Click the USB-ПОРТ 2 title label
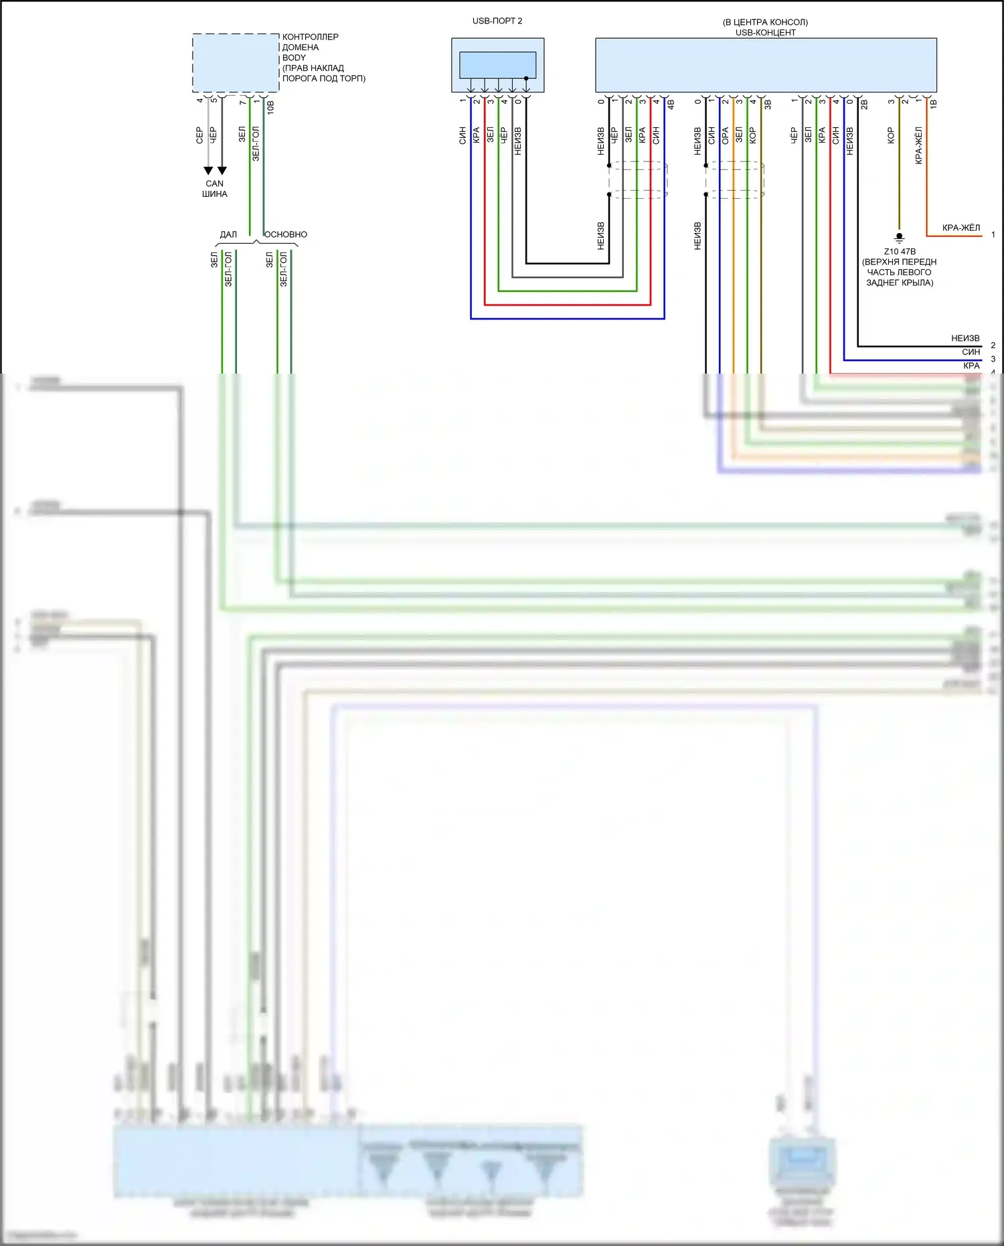click(497, 21)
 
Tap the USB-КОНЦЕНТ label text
click(766, 32)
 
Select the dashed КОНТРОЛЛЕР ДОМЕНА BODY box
click(236, 63)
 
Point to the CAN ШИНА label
click(215, 189)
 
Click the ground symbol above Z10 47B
click(900, 237)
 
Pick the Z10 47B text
click(900, 252)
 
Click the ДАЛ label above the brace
click(228, 234)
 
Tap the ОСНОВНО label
click(286, 234)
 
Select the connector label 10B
click(270, 106)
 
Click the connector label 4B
click(671, 104)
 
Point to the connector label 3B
click(768, 104)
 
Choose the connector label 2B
click(864, 104)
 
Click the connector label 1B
click(934, 104)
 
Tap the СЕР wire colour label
click(199, 135)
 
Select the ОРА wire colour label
click(726, 135)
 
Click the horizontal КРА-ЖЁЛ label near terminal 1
click(960, 228)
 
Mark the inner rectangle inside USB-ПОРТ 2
click(497, 65)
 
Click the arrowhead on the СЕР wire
click(208, 171)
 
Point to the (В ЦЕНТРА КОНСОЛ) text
click(765, 22)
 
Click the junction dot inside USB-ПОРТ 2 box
click(526, 78)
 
